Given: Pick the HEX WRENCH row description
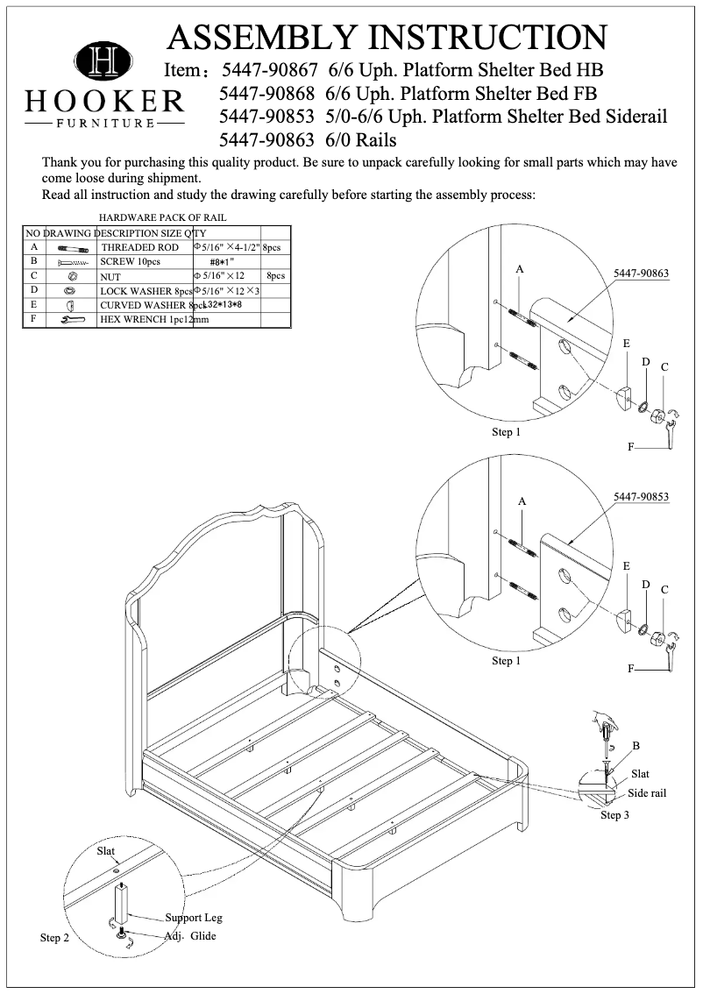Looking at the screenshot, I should [x=146, y=320].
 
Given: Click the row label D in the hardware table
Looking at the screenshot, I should [x=33, y=290].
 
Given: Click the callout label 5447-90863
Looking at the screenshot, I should [x=641, y=273].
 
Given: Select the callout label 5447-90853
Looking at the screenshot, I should [x=641, y=497].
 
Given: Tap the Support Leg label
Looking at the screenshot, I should [x=194, y=918].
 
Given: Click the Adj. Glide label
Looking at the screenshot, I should [x=190, y=936].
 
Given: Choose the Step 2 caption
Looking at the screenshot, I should [x=54, y=938].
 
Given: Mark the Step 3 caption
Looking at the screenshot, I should [x=614, y=815].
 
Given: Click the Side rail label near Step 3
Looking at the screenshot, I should [x=647, y=793].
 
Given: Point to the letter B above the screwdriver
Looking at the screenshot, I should [x=636, y=746].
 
